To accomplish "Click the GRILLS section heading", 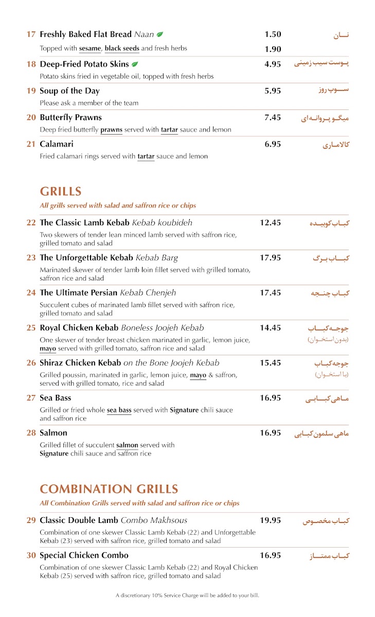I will [61, 192].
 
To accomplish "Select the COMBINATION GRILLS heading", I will [109, 489].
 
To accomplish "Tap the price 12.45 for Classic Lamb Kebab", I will [270, 223].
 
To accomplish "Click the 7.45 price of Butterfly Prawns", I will [273, 118].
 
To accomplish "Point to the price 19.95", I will [270, 520].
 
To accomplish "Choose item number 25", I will [31, 328].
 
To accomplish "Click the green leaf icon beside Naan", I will [160, 34].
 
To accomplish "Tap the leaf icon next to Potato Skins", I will [135, 64].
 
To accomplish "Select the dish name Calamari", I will [57, 144].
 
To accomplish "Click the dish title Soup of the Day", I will [69, 91].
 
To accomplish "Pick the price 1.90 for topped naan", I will [273, 49].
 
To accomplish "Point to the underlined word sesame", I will [90, 49].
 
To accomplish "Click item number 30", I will [31, 555].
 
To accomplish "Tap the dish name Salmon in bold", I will [53, 433].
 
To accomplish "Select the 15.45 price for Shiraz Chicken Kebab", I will [270, 363].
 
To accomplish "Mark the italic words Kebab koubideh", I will [162, 223].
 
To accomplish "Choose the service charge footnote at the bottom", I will [187, 595].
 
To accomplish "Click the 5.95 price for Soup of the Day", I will [273, 91].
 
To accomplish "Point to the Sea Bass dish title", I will [56, 398].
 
